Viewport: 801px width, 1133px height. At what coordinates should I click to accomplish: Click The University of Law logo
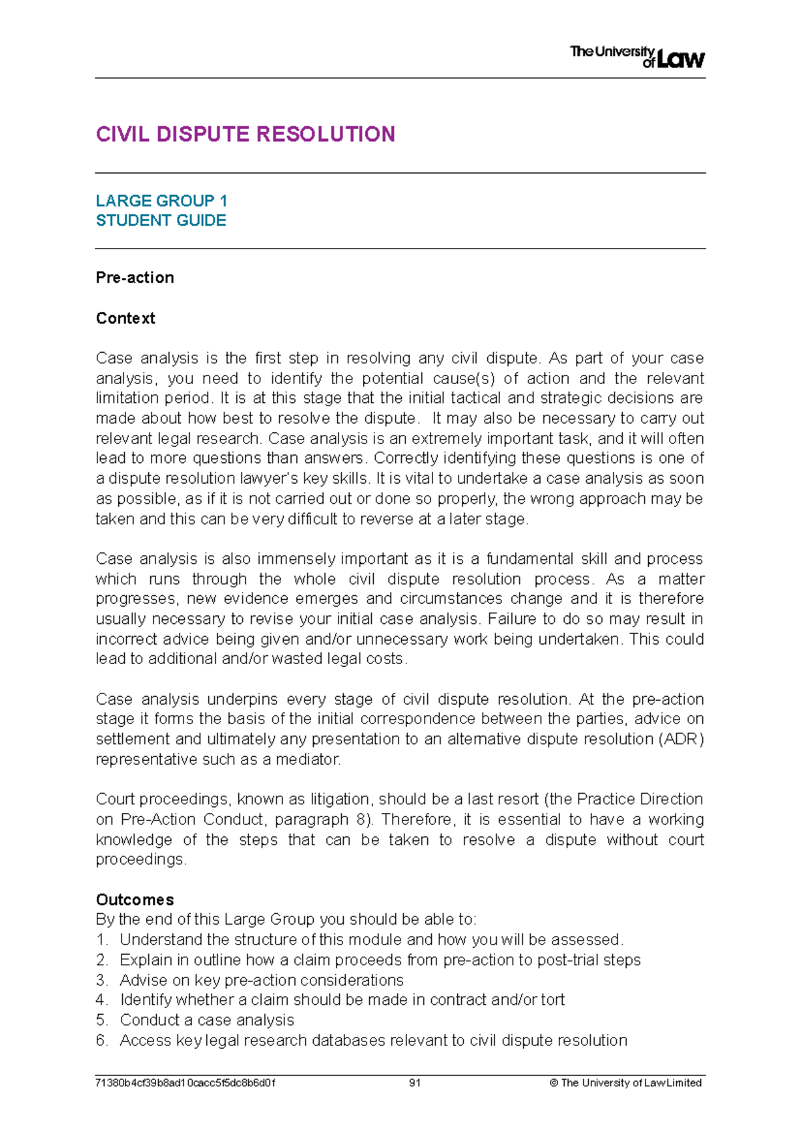637,57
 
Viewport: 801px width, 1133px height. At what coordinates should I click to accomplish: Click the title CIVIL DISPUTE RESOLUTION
246,134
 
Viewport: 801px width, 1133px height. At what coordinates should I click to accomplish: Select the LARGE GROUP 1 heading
162,200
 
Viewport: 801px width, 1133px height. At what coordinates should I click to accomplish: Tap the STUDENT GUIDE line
161,220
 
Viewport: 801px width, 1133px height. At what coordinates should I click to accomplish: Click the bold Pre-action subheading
135,278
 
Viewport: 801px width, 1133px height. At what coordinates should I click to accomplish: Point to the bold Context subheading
125,318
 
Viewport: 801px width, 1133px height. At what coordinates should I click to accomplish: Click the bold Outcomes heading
135,900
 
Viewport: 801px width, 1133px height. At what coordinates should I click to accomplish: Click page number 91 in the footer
415,1083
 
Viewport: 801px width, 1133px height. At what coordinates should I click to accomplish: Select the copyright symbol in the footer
553,1083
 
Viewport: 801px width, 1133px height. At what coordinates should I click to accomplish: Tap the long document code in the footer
186,1083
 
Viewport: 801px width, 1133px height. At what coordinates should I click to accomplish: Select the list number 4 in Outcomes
101,1000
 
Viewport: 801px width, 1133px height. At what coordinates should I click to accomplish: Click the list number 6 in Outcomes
101,1041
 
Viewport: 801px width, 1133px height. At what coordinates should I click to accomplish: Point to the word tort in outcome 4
553,1000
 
